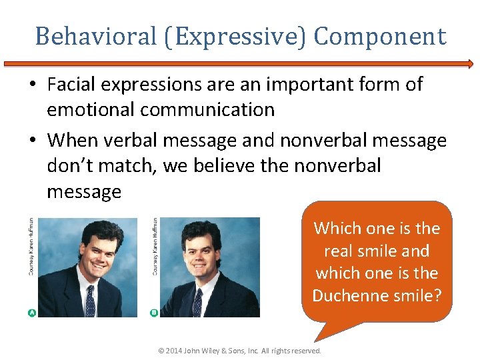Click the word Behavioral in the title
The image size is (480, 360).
point(96,36)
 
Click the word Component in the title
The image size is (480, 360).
point(379,36)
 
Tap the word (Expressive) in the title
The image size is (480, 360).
point(236,36)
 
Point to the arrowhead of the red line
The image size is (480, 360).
point(470,65)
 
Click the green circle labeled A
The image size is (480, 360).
point(31,312)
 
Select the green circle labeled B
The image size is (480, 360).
point(154,312)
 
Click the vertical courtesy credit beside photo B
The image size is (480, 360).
point(155,247)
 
